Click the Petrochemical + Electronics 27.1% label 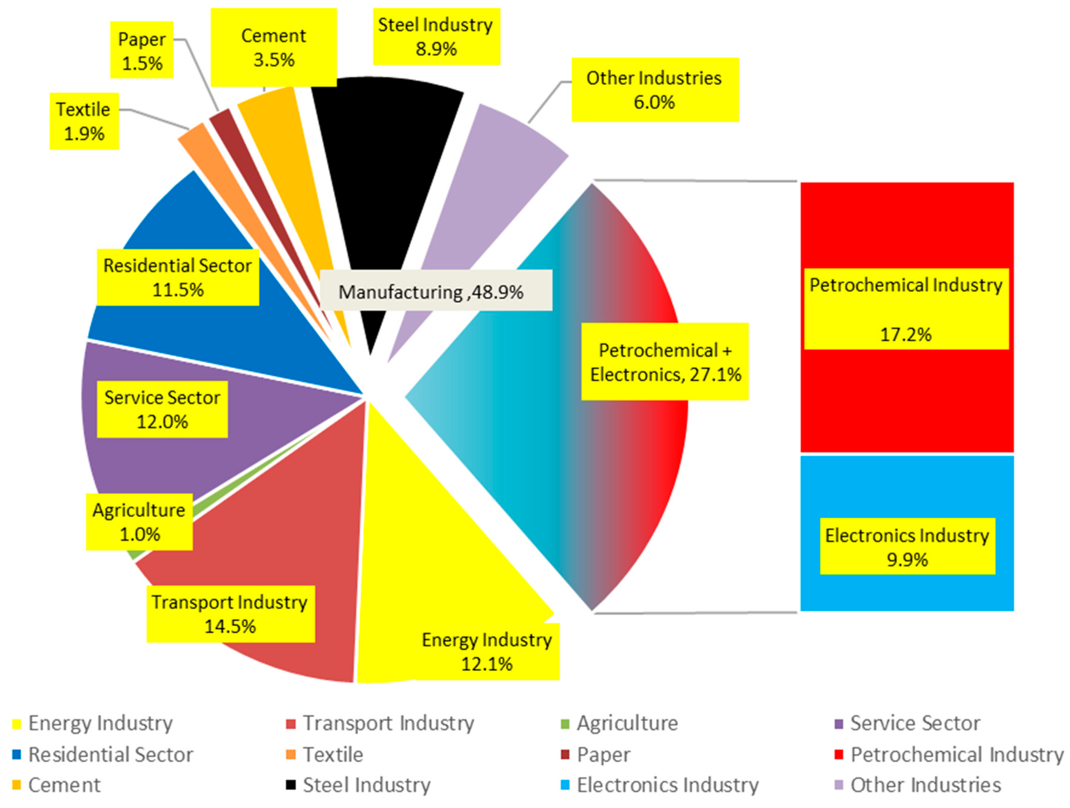[x=665, y=362]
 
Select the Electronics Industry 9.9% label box [x=907, y=547]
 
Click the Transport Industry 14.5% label [x=230, y=614]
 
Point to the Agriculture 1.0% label [x=139, y=522]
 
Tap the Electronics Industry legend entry [x=667, y=785]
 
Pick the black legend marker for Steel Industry [x=291, y=784]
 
